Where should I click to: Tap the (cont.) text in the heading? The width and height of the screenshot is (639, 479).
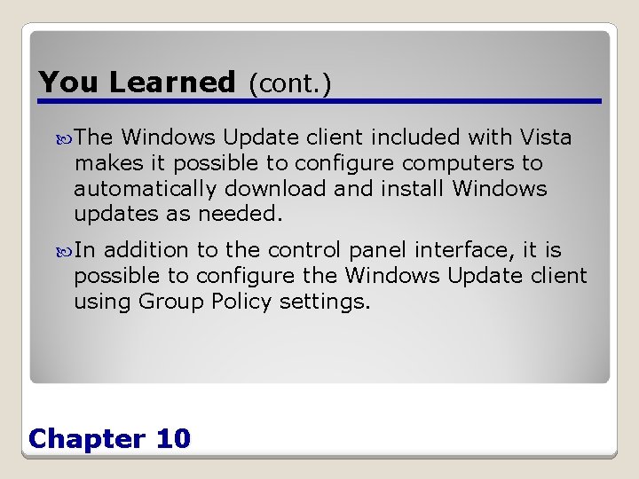289,83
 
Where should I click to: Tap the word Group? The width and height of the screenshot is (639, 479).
171,302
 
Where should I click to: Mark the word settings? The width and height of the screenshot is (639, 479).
324,302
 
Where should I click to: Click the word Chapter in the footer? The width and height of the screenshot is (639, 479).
87,438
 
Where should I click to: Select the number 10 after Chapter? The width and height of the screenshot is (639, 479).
172,438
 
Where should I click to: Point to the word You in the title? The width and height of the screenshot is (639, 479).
70,82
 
